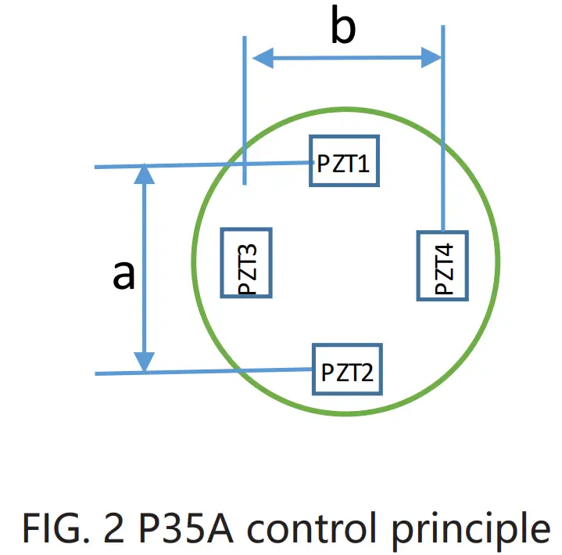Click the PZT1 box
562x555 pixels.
point(345,162)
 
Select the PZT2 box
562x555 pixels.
point(347,368)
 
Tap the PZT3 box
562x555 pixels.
point(246,263)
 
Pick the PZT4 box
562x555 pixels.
point(442,265)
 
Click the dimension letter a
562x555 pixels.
point(123,275)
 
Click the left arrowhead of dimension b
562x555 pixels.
point(261,56)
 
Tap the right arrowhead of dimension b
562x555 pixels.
point(431,56)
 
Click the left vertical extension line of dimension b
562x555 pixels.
point(245,110)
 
